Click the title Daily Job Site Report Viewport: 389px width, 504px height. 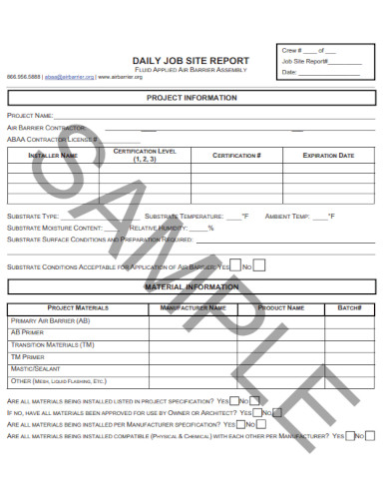click(x=190, y=60)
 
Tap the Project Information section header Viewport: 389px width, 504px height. click(x=192, y=98)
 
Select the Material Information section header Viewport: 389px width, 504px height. click(x=192, y=286)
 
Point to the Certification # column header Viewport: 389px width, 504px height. click(x=236, y=156)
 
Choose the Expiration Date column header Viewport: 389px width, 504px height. click(x=328, y=156)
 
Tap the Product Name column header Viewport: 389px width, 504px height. click(x=281, y=308)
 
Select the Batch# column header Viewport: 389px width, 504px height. click(x=349, y=308)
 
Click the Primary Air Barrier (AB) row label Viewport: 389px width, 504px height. click(x=50, y=320)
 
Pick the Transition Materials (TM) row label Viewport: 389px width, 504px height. click(x=53, y=344)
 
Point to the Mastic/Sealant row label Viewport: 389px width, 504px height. click(x=36, y=368)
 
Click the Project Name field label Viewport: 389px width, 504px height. click(x=29, y=117)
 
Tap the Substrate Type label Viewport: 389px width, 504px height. click(x=33, y=216)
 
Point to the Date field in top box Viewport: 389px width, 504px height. click(x=290, y=72)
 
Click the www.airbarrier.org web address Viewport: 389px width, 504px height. click(x=122, y=77)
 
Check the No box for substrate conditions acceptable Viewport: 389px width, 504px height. click(x=259, y=266)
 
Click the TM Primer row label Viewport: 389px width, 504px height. click(x=28, y=356)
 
